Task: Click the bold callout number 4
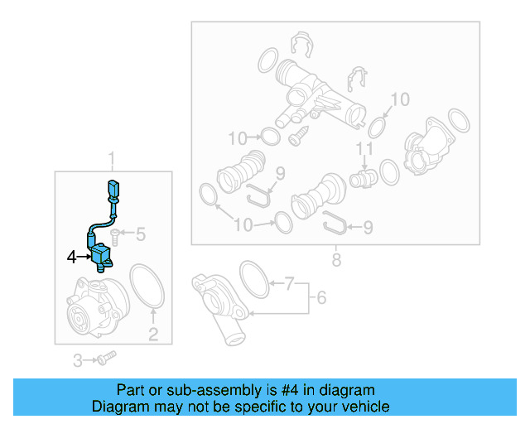[x=72, y=258]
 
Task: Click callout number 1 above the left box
[x=113, y=157]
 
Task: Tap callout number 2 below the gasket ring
[x=153, y=335]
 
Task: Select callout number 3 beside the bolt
[x=78, y=360]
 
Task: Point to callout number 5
[x=140, y=235]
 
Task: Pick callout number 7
[x=289, y=285]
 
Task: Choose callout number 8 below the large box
[x=335, y=261]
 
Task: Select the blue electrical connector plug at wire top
[x=113, y=190]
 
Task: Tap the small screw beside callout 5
[x=118, y=237]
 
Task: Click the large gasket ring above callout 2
[x=147, y=286]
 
